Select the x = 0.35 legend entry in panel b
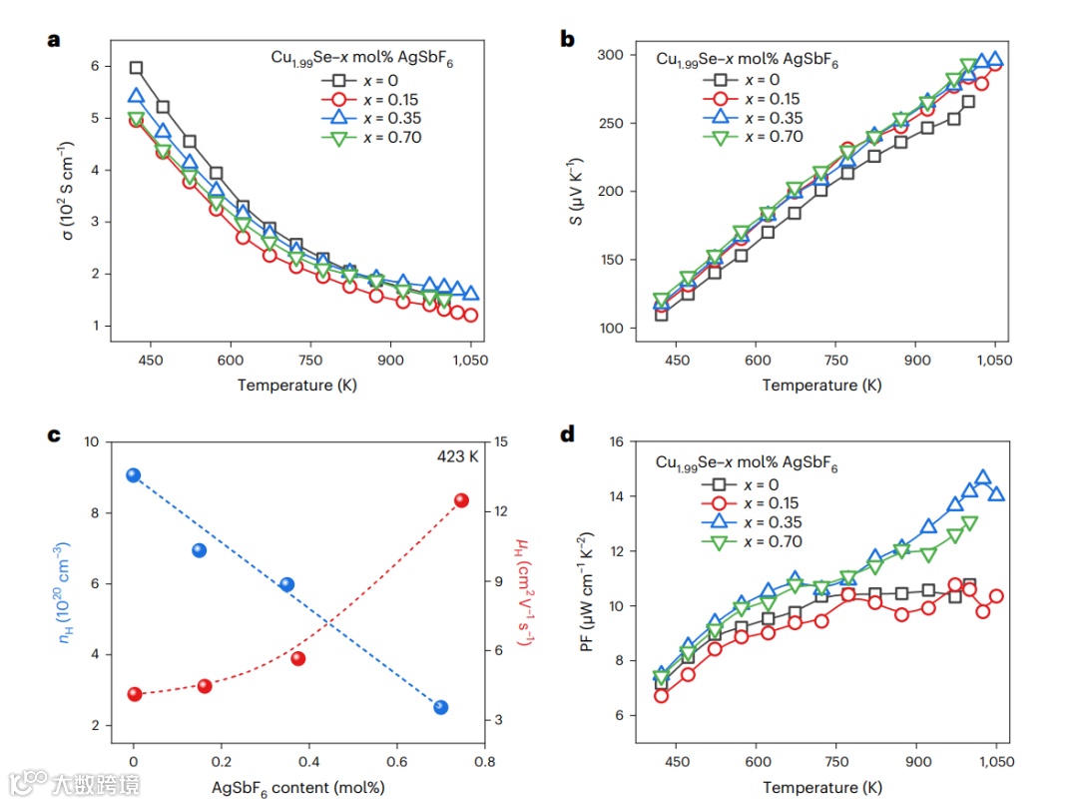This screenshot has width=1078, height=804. tap(754, 118)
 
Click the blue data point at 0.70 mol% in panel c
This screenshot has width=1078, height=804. tap(440, 707)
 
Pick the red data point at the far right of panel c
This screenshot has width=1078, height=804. tap(461, 500)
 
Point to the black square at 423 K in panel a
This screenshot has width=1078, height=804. tap(136, 68)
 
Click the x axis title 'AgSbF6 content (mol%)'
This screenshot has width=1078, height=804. tap(297, 787)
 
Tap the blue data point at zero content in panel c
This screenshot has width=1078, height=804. tap(134, 475)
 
